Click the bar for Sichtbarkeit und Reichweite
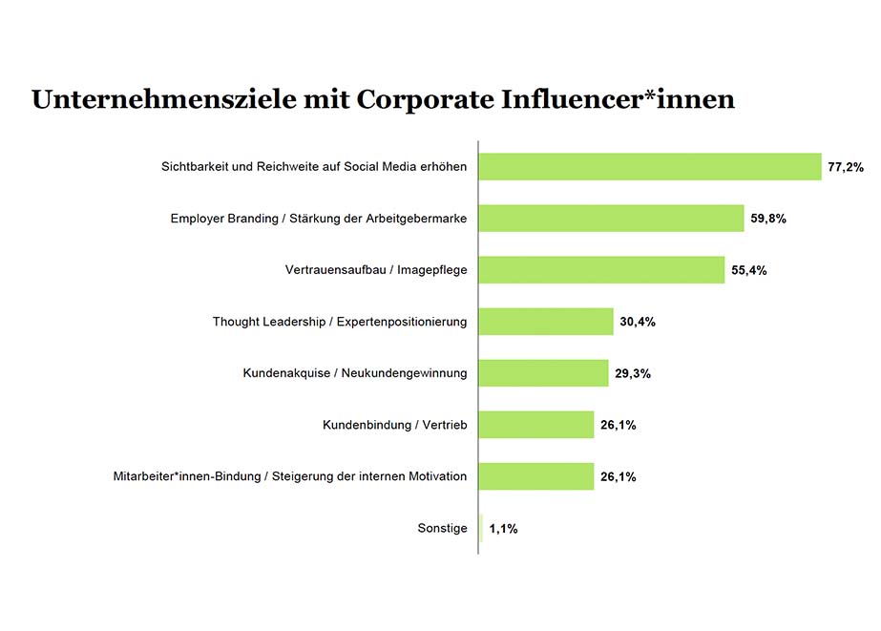(x=649, y=166)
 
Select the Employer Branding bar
(x=611, y=218)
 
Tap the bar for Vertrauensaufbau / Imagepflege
(x=601, y=269)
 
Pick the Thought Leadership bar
(x=545, y=321)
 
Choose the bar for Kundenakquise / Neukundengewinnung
(x=543, y=372)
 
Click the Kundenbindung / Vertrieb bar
(x=535, y=424)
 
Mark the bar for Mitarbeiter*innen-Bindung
(x=535, y=475)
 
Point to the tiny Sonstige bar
(x=481, y=527)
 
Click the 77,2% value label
(x=845, y=167)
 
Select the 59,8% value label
(x=767, y=219)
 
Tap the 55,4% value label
(x=748, y=270)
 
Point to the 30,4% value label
(x=637, y=322)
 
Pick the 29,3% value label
(x=632, y=373)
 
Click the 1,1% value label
(x=503, y=528)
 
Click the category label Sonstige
(x=442, y=527)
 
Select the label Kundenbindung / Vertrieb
(x=394, y=424)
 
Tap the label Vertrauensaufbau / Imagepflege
(x=375, y=269)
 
